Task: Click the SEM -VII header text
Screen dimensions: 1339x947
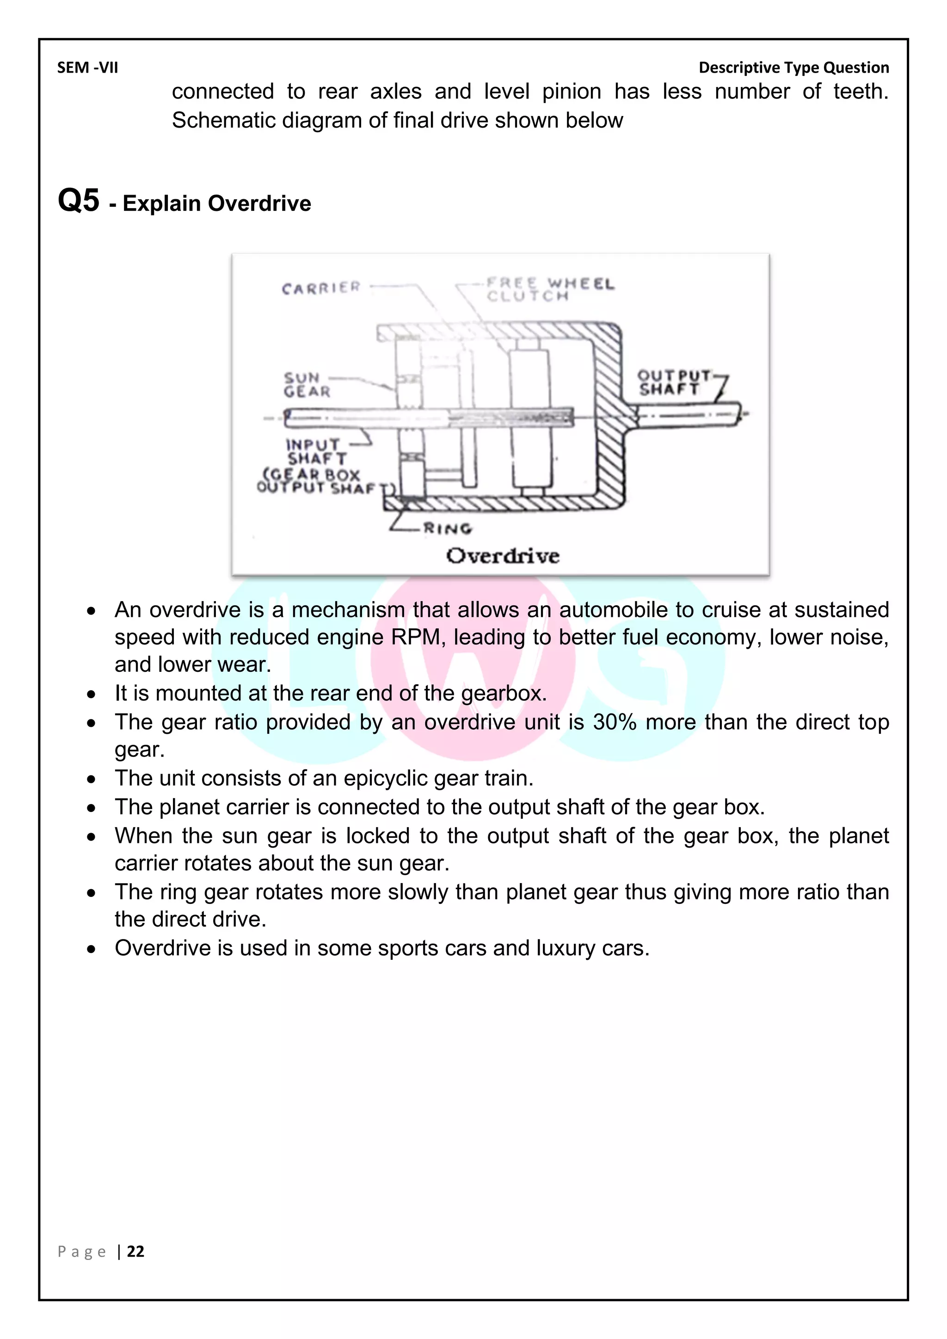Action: [x=87, y=68]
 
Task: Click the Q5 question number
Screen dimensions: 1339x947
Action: [x=79, y=201]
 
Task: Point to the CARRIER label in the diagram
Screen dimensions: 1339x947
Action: [x=321, y=288]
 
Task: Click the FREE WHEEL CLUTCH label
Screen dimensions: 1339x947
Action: [x=550, y=290]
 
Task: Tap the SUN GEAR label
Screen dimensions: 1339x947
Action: [x=307, y=385]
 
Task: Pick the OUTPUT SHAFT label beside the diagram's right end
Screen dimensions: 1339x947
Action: [x=674, y=382]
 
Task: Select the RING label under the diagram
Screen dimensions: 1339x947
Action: [x=447, y=529]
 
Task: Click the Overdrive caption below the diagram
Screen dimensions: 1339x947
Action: [x=503, y=556]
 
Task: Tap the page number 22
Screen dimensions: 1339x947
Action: [x=135, y=1252]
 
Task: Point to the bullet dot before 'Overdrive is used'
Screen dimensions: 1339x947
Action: [x=92, y=949]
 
